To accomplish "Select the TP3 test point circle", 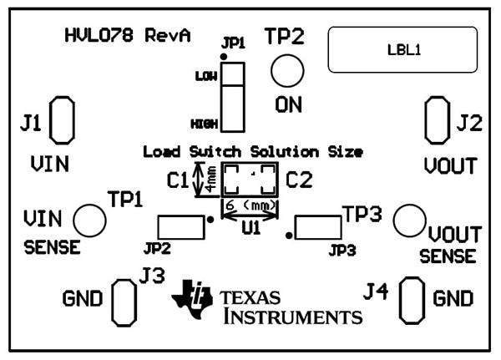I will pyautogui.click(x=409, y=220).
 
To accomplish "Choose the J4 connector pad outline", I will pyautogui.click(x=411, y=299).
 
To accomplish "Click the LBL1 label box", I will pyautogui.click(x=403, y=49).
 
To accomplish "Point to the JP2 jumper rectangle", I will pyautogui.click(x=181, y=226).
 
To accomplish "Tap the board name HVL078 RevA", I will pyautogui.click(x=127, y=36).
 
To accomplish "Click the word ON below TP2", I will pyautogui.click(x=288, y=105).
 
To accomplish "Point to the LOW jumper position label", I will pyautogui.click(x=205, y=76).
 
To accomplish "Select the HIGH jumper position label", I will pyautogui.click(x=204, y=123).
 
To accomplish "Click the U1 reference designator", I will pyautogui.click(x=250, y=226).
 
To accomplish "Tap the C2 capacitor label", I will pyautogui.click(x=298, y=180).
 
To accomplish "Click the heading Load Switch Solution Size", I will pyautogui.click(x=253, y=152).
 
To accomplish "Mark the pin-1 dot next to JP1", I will pyautogui.click(x=222, y=56).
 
